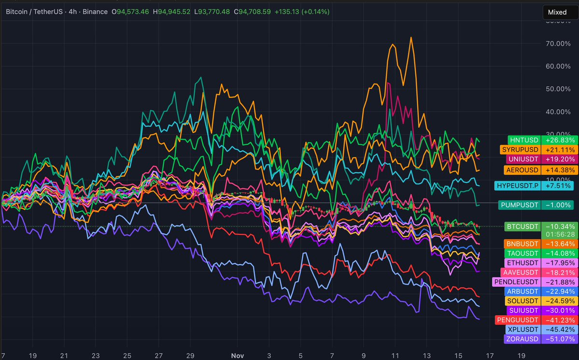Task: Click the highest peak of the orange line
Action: click(411, 37)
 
